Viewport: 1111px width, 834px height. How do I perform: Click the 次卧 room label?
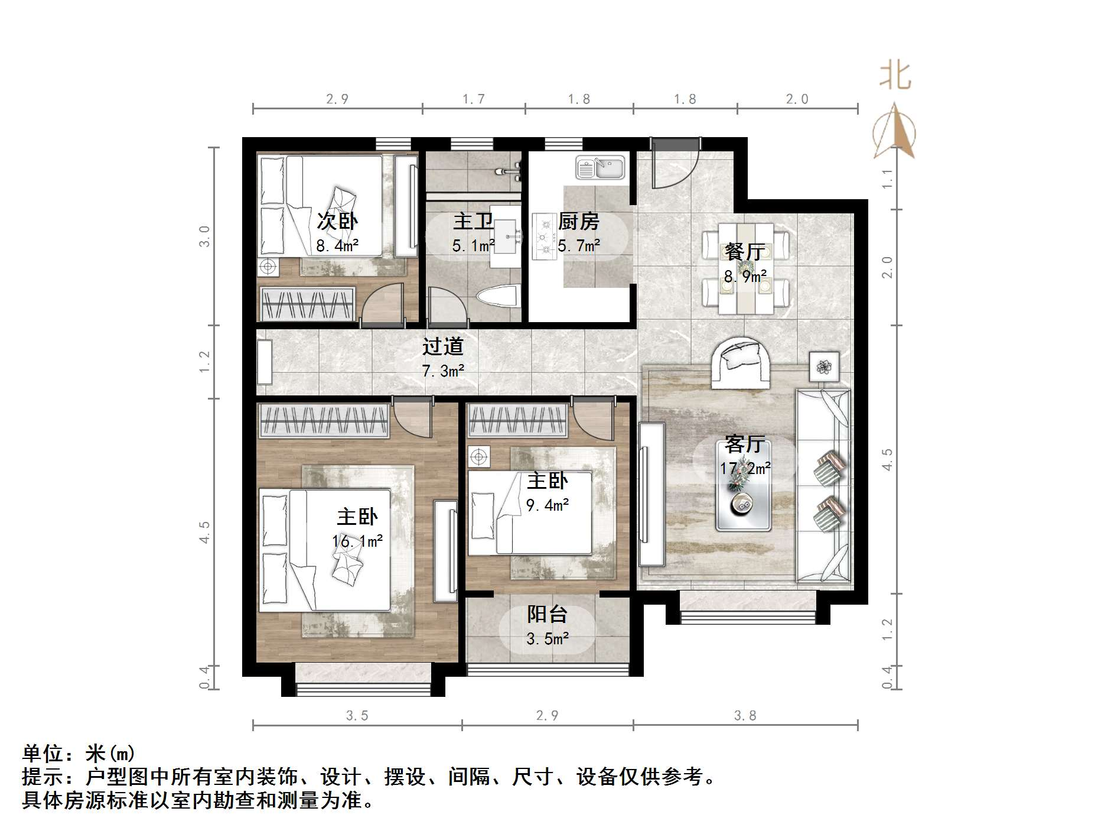[x=337, y=221]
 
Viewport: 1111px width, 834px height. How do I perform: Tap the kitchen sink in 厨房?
[x=600, y=167]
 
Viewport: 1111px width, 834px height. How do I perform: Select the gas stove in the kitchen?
[x=542, y=236]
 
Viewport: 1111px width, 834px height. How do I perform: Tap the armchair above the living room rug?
[x=741, y=363]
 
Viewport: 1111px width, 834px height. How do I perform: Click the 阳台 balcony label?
[x=547, y=614]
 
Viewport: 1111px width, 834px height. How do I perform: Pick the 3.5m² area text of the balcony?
[x=548, y=639]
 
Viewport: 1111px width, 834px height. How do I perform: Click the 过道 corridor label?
[x=442, y=346]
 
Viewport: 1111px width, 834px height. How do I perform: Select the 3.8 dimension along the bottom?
[x=745, y=716]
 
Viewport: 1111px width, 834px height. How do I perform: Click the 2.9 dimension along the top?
[x=337, y=99]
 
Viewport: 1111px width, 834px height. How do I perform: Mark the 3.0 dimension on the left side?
[x=204, y=236]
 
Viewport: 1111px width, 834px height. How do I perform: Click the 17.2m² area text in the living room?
[x=745, y=469]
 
